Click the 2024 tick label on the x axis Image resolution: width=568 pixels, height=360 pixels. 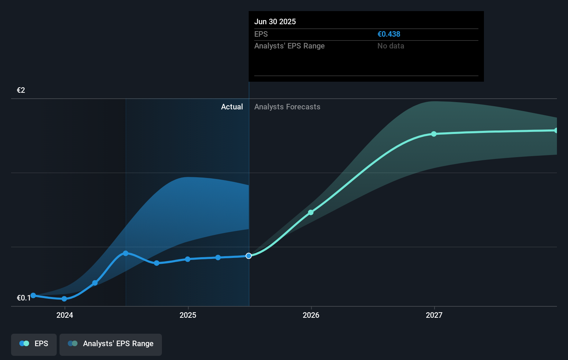coord(65,315)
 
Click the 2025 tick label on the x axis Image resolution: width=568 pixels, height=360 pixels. coord(188,315)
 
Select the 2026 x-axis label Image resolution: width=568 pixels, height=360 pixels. coord(311,315)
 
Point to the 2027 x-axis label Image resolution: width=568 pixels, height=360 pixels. coord(434,315)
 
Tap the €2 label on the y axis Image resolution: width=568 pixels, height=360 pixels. coord(21,90)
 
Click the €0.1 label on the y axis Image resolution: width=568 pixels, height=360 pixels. coord(24,298)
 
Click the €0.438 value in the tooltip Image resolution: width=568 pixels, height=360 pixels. coord(389,34)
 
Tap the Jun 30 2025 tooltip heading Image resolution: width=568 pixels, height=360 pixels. coord(275,21)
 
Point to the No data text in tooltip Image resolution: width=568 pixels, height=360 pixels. coord(391,46)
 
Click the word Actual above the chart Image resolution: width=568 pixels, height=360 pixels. coord(232,107)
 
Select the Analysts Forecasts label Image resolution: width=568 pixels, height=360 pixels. coord(287,107)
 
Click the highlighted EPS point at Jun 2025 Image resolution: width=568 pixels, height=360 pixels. coord(249,256)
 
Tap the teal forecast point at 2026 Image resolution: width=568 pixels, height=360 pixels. coord(311,212)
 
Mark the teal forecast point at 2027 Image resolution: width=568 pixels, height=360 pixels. coord(434,134)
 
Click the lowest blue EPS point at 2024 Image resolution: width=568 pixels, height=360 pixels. coord(64,299)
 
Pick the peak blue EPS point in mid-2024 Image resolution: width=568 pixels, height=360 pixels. coord(126,253)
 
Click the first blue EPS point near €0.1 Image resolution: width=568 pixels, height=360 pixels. coord(33,295)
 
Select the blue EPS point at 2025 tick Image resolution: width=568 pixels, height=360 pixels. coord(187,259)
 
